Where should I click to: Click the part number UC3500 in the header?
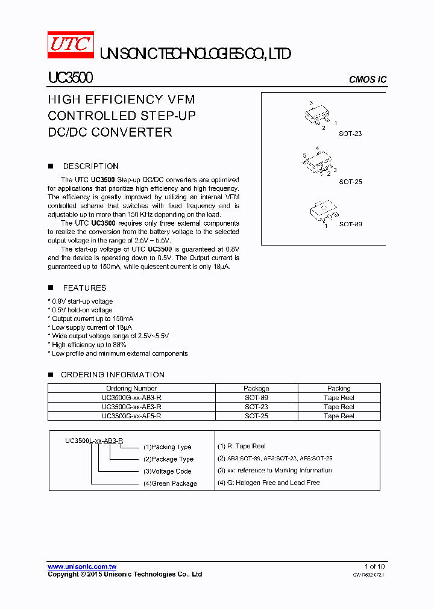70,79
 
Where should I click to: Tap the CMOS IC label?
368,80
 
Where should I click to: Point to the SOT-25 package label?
350,182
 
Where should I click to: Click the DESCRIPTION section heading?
90,166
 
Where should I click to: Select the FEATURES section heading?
84,288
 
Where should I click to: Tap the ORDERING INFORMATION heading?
112,374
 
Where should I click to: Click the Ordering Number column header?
131,389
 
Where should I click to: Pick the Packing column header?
339,389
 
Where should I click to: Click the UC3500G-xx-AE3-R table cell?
131,407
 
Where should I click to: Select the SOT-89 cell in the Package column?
256,398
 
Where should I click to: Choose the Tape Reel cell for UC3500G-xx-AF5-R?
339,416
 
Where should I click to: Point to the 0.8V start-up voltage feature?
82,301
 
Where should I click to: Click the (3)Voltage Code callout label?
167,471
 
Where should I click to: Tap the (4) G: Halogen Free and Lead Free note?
268,483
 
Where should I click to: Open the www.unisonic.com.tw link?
82,566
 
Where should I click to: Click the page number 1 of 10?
374,566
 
